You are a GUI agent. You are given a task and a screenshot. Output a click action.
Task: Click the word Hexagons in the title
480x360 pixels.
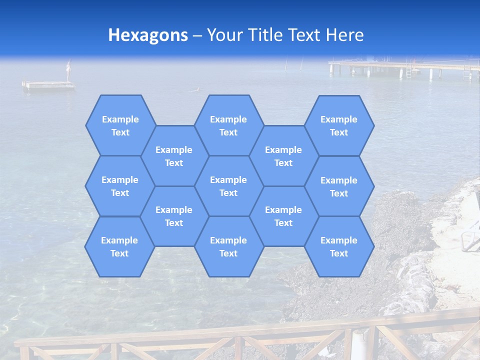pyautogui.click(x=148, y=35)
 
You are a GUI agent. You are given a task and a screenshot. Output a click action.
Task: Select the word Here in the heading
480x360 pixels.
pyautogui.click(x=344, y=35)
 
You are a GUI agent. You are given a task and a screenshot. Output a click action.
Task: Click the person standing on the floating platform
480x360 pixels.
pyautogui.click(x=69, y=70)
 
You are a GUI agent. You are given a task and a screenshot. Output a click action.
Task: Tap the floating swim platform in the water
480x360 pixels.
pyautogui.click(x=48, y=85)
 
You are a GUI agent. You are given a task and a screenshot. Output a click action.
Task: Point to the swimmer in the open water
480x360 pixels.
pyautogui.click(x=195, y=90)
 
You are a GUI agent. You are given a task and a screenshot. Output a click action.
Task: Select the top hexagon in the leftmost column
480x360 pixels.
pyautogui.click(x=120, y=125)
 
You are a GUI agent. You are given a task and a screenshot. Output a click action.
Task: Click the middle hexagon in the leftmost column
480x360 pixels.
pyautogui.click(x=120, y=186)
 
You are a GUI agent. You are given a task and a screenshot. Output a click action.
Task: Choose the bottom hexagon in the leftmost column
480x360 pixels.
pyautogui.click(x=119, y=246)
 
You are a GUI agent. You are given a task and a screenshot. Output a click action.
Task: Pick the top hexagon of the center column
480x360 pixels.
pyautogui.click(x=228, y=125)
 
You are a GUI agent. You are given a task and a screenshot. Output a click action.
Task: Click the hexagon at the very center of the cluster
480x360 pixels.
pyautogui.click(x=228, y=186)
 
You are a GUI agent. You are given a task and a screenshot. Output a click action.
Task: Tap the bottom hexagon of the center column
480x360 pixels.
pyautogui.click(x=228, y=246)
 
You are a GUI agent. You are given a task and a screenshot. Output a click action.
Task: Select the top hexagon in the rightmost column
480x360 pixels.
pyautogui.click(x=339, y=125)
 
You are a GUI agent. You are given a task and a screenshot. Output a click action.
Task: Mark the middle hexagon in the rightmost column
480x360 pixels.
pyautogui.click(x=339, y=186)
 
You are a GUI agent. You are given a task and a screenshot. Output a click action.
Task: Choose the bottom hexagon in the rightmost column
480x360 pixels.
pyautogui.click(x=339, y=246)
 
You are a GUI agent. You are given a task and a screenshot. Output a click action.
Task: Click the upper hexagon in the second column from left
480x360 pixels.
pyautogui.click(x=174, y=156)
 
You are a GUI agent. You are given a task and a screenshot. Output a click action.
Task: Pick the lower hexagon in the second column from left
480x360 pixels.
pyautogui.click(x=174, y=216)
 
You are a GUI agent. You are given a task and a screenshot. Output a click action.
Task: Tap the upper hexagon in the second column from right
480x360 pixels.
pyautogui.click(x=283, y=156)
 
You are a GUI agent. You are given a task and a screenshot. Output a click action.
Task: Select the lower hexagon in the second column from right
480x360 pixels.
pyautogui.click(x=283, y=216)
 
